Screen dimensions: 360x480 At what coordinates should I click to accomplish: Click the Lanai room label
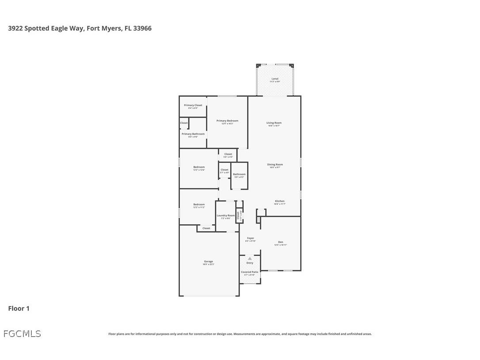tap(275, 79)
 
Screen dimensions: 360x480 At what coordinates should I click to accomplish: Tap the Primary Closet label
tap(193, 105)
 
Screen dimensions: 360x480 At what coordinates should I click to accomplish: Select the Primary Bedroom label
tap(227, 121)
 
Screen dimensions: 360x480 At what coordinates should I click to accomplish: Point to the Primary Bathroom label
tap(193, 134)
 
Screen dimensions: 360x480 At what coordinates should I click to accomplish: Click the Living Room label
tap(274, 123)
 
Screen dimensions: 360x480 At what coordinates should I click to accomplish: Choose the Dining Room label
tap(276, 165)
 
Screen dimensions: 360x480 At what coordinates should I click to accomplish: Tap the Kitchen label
tap(280, 201)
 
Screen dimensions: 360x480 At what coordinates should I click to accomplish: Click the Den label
tap(280, 242)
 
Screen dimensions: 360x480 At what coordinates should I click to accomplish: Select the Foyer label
tap(251, 238)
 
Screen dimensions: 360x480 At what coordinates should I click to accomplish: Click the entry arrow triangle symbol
tap(250, 258)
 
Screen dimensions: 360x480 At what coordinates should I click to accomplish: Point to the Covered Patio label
tap(250, 272)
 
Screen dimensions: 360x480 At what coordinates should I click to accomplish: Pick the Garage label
tap(208, 261)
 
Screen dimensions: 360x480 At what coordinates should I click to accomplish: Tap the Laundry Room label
tap(225, 215)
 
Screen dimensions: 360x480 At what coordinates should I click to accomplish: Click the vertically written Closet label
tap(238, 215)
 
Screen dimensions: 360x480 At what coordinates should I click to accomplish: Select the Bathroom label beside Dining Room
tap(239, 174)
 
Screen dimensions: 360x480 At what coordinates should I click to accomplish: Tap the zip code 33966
tap(142, 28)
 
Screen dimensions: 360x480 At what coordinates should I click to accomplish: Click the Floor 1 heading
tap(19, 308)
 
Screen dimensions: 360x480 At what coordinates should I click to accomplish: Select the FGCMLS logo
tap(22, 334)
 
